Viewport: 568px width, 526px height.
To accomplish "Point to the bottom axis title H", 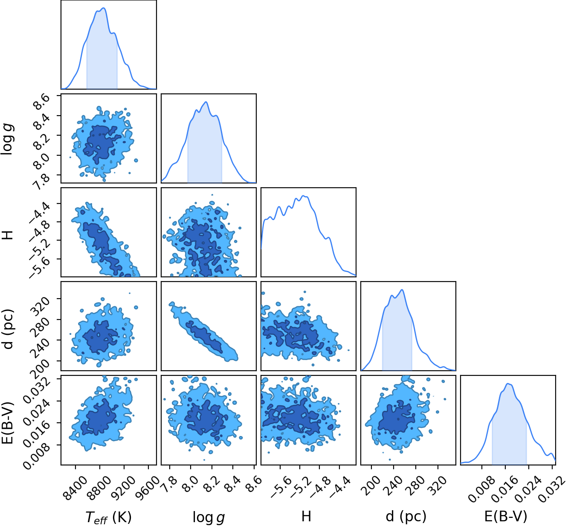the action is point(306,516).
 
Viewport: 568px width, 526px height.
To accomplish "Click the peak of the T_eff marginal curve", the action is point(104,8).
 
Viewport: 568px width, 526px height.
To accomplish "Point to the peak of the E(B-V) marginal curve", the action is point(508,384).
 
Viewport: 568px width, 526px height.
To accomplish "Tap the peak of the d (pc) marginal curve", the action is point(403,290).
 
